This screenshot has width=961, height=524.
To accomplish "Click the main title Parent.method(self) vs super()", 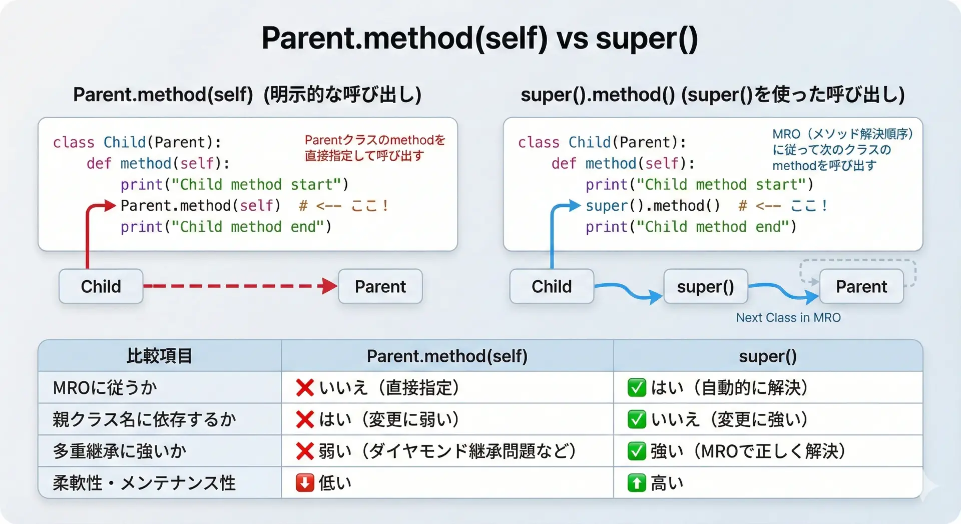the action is pos(479,38).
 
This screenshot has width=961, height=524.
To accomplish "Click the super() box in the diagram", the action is pos(705,286).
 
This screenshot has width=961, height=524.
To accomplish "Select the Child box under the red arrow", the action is pos(101,286).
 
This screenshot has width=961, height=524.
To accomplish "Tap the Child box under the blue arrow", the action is pos(552,286).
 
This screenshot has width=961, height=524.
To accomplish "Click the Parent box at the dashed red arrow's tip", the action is pos(380,286).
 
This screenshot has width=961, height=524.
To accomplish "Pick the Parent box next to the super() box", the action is pos(861,286).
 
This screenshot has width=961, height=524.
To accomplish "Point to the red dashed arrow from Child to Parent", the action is pos(241,286).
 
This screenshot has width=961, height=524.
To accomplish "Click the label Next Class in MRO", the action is pos(788,317).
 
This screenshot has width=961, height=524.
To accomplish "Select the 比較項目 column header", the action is pos(159,356).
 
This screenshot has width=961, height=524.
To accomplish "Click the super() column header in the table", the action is pos(768,356).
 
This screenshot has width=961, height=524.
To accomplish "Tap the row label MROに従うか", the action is pos(105,387).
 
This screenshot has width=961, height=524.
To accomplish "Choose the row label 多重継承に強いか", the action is pos(120,451).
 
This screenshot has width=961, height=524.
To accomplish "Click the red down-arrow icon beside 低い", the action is pos(305,483).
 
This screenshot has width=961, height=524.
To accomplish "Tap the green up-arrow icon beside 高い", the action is pos(637,483).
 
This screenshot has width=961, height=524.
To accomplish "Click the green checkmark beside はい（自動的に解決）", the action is pos(637,387).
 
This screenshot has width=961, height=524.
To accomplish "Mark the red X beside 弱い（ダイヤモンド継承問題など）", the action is pos(305,451).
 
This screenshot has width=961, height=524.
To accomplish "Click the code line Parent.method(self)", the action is pos(200,206).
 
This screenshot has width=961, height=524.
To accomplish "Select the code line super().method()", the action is pos(653,206).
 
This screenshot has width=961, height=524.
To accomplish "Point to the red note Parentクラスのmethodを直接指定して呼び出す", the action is pos(375,148).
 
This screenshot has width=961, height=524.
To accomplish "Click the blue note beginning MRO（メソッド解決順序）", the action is pos(843,150).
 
